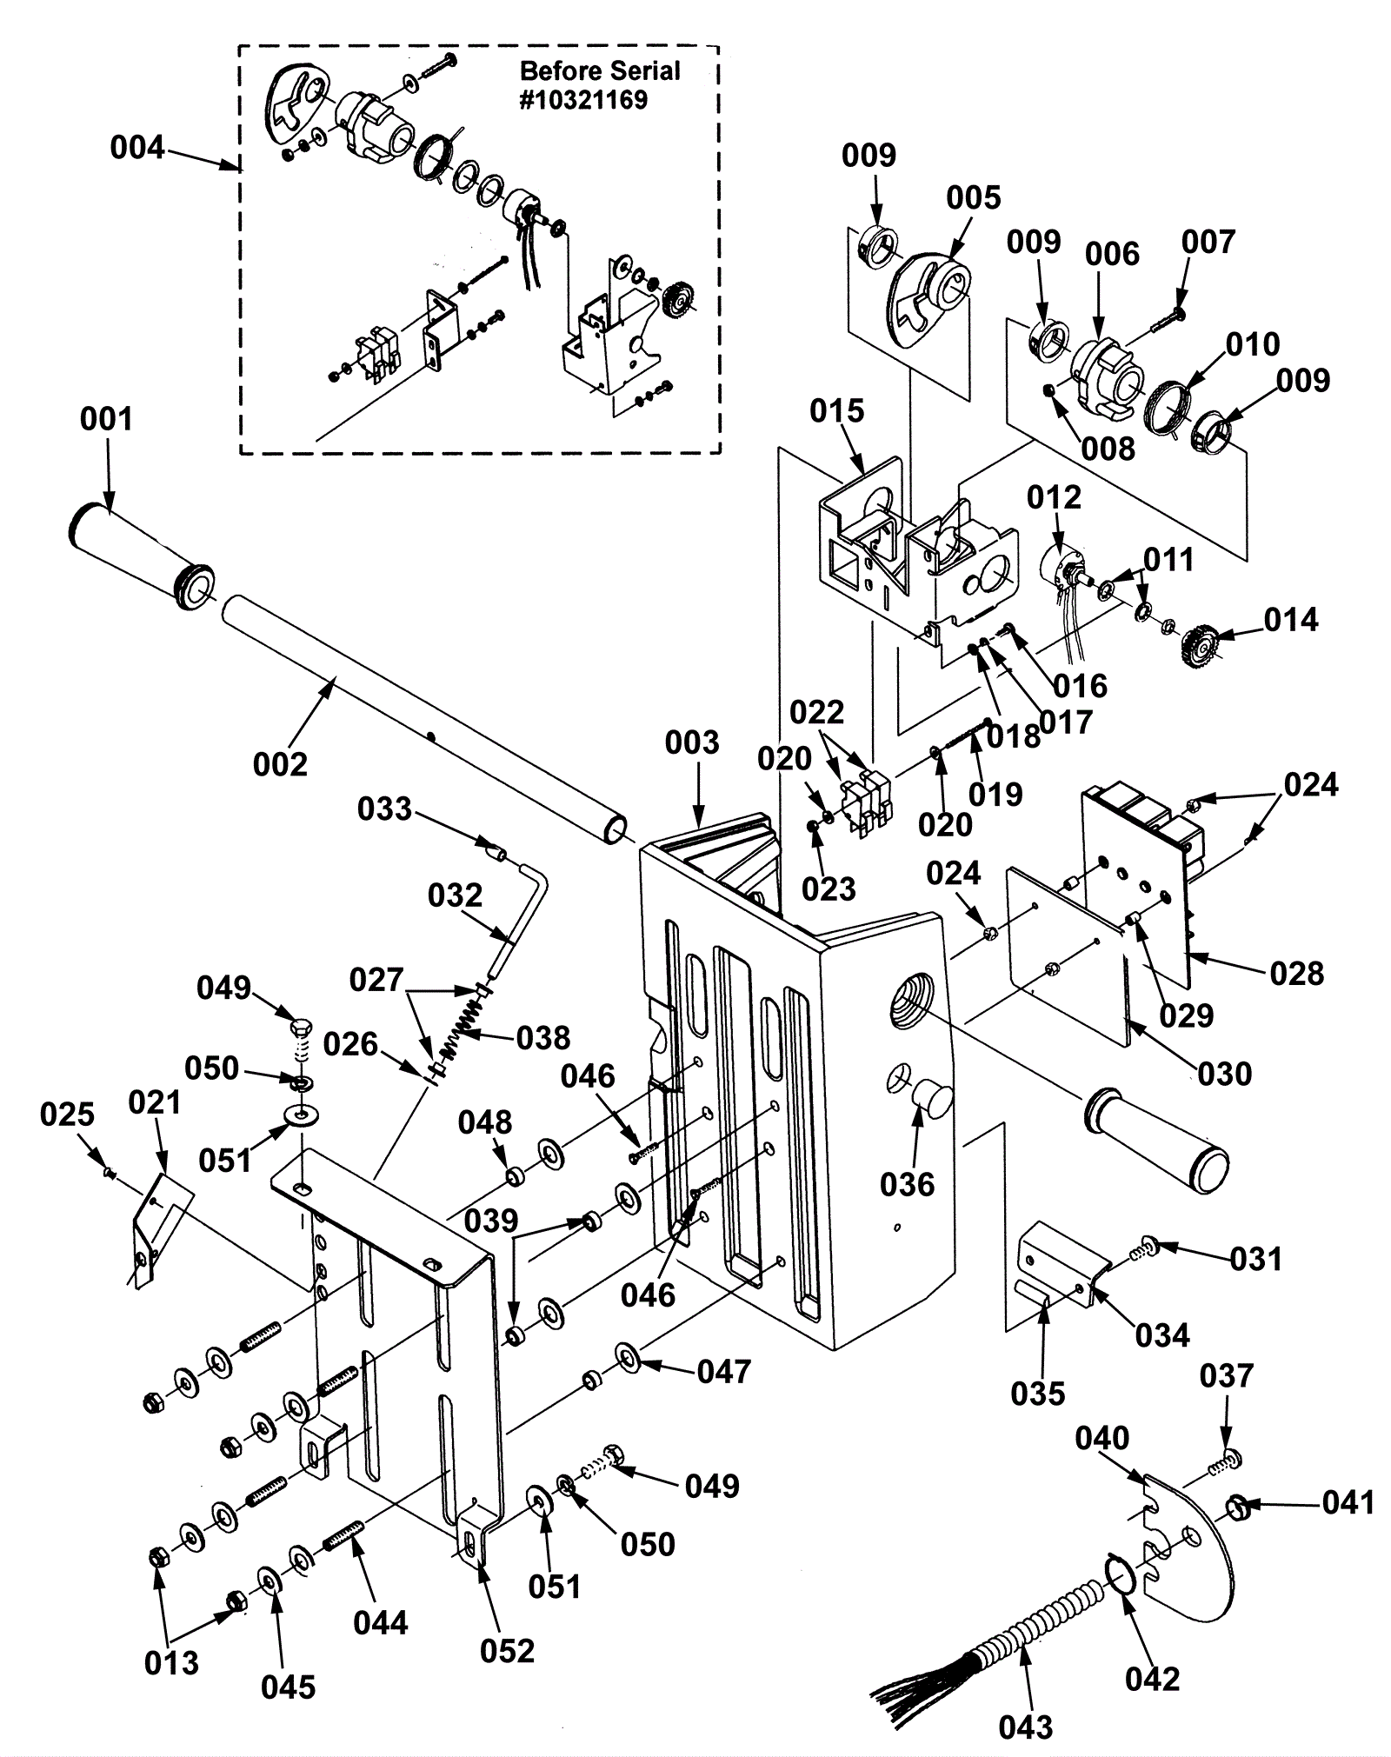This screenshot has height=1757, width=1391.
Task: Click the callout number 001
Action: coord(106,419)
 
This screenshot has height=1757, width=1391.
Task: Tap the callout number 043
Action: coord(1026,1726)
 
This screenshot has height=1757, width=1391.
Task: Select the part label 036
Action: coord(907,1184)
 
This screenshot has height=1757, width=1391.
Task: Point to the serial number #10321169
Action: coord(583,100)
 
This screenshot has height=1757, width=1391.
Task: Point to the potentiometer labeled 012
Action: coord(1061,569)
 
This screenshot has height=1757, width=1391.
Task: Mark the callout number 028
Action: coord(1296,973)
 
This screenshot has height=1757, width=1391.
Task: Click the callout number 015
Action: coord(836,410)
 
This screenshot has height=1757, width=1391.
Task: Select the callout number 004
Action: coord(136,148)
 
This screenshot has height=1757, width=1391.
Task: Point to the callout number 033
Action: coord(384,809)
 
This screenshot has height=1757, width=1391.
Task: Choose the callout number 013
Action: coord(171,1662)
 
